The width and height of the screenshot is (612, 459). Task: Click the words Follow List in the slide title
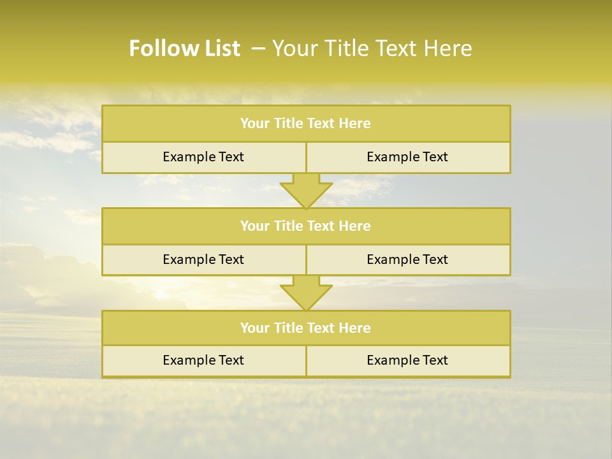click(x=184, y=48)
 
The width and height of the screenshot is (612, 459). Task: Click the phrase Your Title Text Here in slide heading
click(x=372, y=48)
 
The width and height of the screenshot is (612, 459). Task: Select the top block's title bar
click(x=306, y=124)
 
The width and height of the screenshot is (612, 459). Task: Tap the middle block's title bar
click(x=306, y=226)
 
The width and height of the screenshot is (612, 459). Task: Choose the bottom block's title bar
click(x=306, y=328)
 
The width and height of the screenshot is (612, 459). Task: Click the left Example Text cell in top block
click(x=203, y=157)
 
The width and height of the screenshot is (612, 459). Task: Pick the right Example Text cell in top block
click(x=407, y=157)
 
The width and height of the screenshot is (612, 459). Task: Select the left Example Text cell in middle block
click(x=203, y=259)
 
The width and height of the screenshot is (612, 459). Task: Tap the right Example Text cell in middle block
click(x=407, y=259)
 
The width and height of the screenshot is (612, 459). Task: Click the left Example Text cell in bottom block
click(x=203, y=360)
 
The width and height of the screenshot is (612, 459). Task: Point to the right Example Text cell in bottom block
click(x=407, y=360)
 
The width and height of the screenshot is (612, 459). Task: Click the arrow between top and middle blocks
click(x=306, y=191)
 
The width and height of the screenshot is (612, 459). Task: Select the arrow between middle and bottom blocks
click(x=306, y=293)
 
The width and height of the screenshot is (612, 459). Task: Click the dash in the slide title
click(x=259, y=48)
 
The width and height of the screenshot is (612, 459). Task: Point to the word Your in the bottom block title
click(x=254, y=328)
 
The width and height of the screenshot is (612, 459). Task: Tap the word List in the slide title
click(x=219, y=48)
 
